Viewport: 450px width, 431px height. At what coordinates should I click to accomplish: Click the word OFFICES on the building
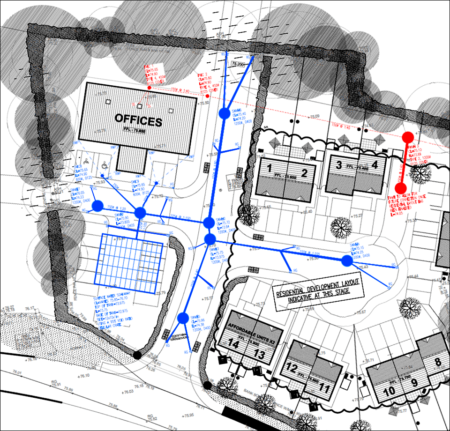point(138,121)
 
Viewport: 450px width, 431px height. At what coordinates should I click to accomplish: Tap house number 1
point(270,168)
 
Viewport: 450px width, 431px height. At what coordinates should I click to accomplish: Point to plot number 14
point(233,344)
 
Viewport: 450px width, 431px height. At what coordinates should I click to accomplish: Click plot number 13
point(259,355)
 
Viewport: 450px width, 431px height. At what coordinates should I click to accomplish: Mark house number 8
point(438,362)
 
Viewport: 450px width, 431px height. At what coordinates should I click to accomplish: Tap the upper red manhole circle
point(408,137)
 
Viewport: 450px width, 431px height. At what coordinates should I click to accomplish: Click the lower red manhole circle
point(400,188)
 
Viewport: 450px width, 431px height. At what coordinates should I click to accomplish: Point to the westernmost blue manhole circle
point(97,206)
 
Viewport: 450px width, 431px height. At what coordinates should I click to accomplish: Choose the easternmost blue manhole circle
point(346,260)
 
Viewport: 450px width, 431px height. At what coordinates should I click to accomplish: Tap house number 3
point(338,164)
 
